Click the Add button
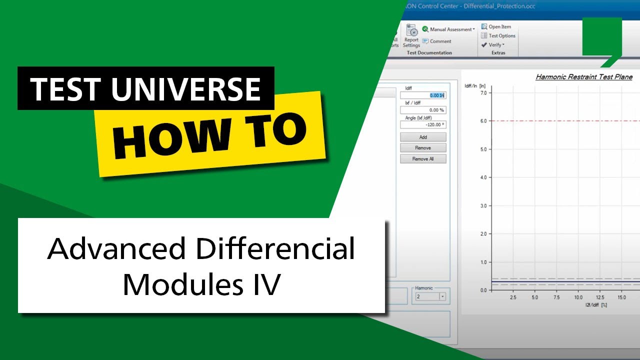[423, 137]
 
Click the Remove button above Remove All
[423, 148]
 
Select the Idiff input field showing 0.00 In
[423, 95]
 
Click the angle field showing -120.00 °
[423, 125]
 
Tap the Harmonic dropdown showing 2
[429, 296]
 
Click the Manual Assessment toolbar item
[448, 29]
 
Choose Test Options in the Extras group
[498, 36]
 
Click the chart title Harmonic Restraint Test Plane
[584, 77]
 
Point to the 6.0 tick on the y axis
[483, 121]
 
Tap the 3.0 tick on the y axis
[483, 206]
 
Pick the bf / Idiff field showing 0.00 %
[423, 110]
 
